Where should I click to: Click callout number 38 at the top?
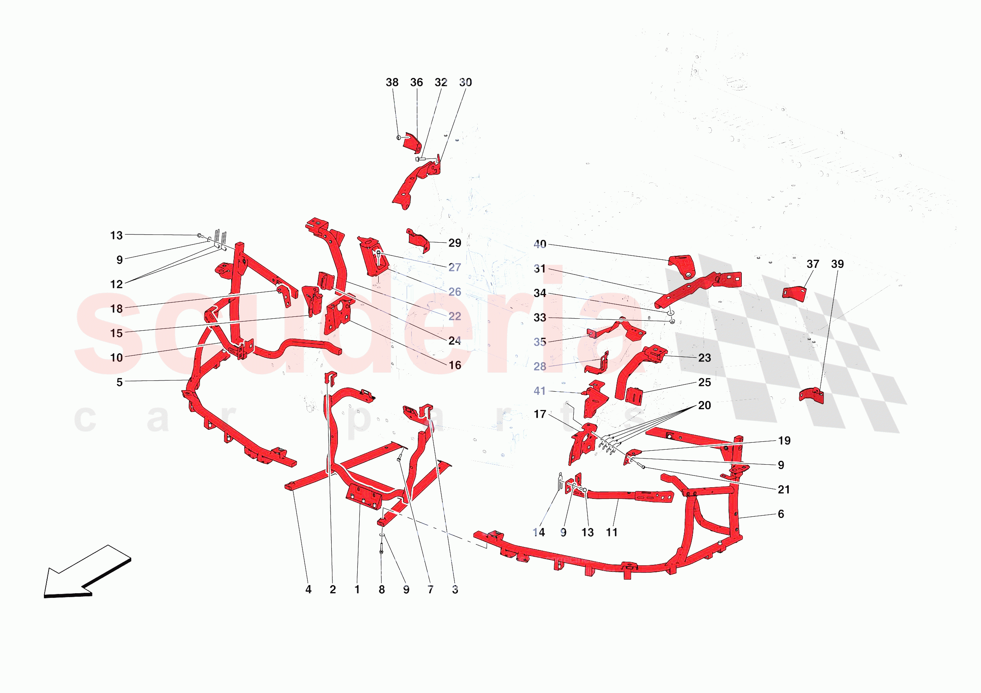click(x=392, y=82)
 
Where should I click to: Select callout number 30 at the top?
click(x=465, y=82)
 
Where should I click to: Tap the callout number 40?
click(x=540, y=244)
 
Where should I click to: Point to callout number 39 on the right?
click(x=837, y=264)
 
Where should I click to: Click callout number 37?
click(x=813, y=264)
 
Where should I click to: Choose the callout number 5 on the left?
click(x=120, y=382)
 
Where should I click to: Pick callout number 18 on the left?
click(x=116, y=309)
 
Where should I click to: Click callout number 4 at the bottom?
click(x=308, y=590)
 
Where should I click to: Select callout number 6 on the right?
click(x=781, y=514)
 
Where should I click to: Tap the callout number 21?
click(x=784, y=490)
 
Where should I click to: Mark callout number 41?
click(x=540, y=391)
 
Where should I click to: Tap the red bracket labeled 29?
click(x=418, y=240)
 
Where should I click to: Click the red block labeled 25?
click(x=634, y=395)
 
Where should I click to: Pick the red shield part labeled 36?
click(x=412, y=143)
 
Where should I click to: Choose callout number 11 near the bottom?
click(x=612, y=532)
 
